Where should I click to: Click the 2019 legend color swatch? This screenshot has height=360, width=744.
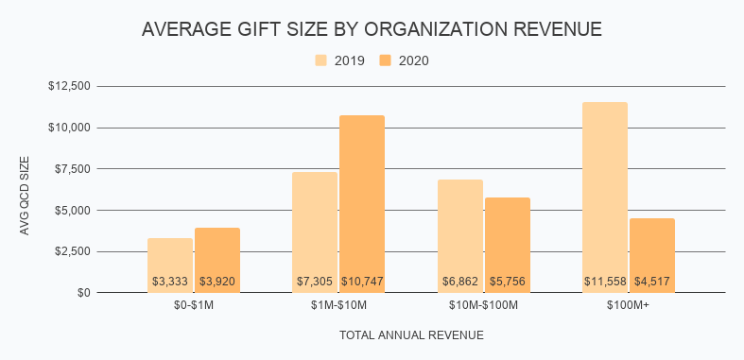321,60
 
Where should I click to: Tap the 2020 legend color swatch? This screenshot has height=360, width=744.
386,60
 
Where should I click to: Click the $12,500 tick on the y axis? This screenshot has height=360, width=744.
69,86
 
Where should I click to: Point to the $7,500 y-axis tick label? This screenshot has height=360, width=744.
72,169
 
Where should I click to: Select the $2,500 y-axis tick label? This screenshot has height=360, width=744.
72,251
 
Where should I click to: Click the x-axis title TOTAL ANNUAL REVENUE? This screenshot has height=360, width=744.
411,334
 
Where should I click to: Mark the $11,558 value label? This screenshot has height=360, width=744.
605,282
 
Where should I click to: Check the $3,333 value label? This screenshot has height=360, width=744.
170,282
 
